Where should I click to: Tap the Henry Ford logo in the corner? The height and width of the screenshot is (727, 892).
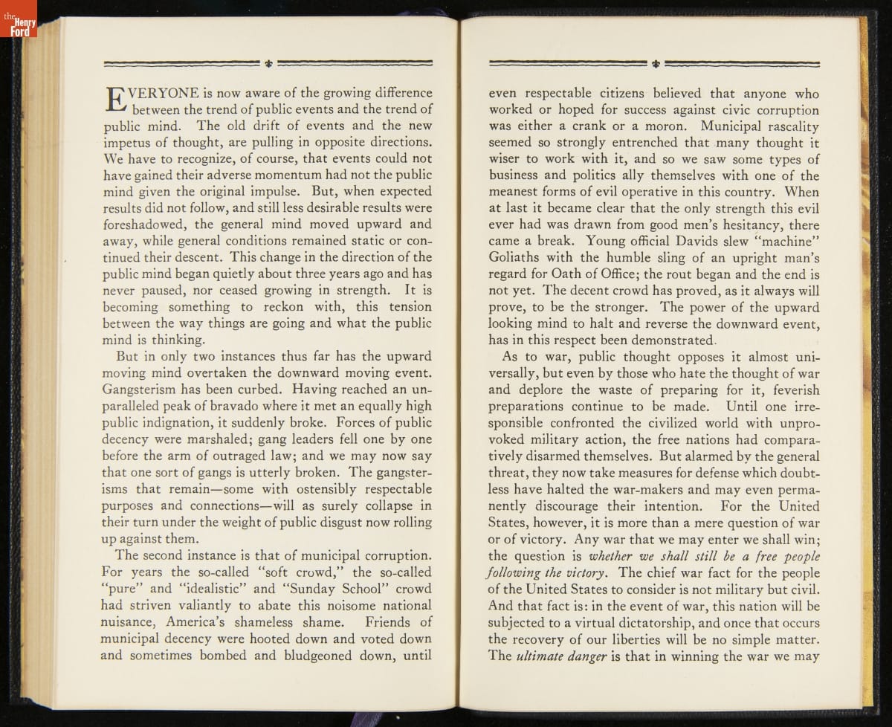click(x=18, y=19)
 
